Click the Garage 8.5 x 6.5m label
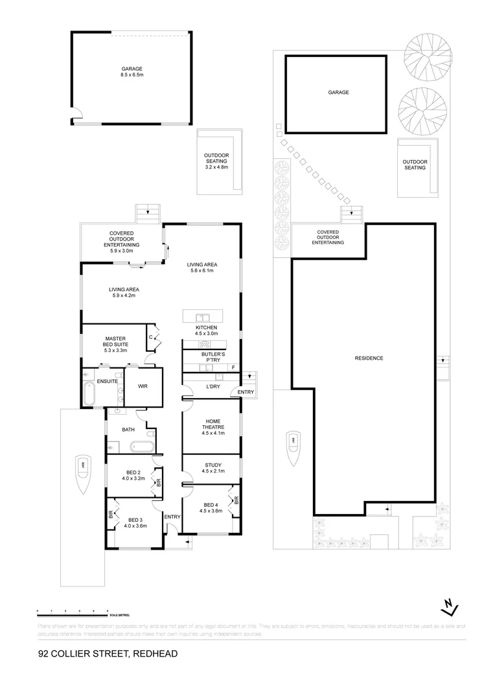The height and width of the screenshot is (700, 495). [x=132, y=72]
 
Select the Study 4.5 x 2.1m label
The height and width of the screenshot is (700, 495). [x=213, y=468]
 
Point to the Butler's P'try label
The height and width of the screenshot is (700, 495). [x=213, y=358]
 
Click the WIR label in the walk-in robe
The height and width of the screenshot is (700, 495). [x=143, y=386]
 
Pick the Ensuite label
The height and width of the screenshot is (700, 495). [x=107, y=381]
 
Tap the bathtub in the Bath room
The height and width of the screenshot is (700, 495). [x=140, y=447]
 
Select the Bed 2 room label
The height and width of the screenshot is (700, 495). [x=132, y=475]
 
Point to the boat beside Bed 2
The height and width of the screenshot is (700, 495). [x=84, y=474]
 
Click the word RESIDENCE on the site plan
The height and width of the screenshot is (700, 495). [x=369, y=358]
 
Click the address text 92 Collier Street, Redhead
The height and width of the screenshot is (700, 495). [x=108, y=654]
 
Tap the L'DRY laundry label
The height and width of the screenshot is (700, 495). [x=213, y=386]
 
